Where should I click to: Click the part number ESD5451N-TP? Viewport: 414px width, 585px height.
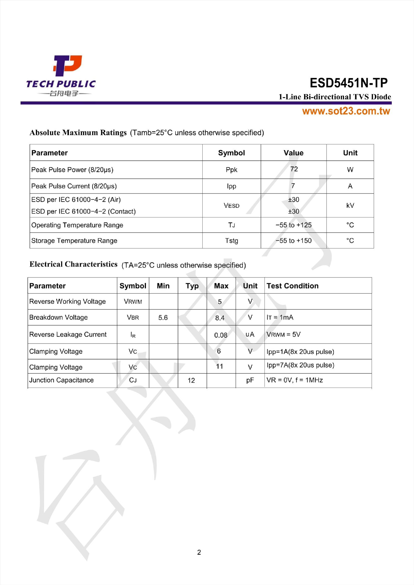click(349, 83)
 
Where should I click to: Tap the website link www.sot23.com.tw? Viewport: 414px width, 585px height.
click(346, 111)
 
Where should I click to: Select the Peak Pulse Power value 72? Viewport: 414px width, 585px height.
click(294, 169)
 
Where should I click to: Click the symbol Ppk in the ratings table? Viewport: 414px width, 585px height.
click(231, 170)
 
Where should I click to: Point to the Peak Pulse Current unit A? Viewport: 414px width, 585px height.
click(350, 186)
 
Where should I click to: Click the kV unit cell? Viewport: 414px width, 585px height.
click(350, 205)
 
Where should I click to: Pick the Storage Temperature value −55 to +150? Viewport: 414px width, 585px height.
click(293, 240)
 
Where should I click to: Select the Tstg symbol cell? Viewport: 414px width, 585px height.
click(231, 240)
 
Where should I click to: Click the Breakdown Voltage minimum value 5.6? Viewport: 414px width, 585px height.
click(163, 318)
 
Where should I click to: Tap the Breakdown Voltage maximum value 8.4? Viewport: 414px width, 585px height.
click(220, 318)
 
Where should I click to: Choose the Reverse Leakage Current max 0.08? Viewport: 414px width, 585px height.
click(221, 335)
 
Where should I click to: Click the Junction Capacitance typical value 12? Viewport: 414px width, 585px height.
click(191, 380)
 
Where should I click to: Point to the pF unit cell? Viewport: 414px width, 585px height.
click(250, 380)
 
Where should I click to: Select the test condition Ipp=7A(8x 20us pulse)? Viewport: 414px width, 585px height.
click(300, 365)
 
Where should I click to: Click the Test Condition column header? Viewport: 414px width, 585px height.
click(292, 286)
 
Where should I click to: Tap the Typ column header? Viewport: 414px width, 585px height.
click(192, 286)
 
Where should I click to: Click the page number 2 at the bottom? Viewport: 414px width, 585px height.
click(199, 552)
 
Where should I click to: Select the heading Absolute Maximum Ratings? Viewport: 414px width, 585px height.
click(78, 133)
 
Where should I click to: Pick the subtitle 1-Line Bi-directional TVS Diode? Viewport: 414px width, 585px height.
click(335, 97)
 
